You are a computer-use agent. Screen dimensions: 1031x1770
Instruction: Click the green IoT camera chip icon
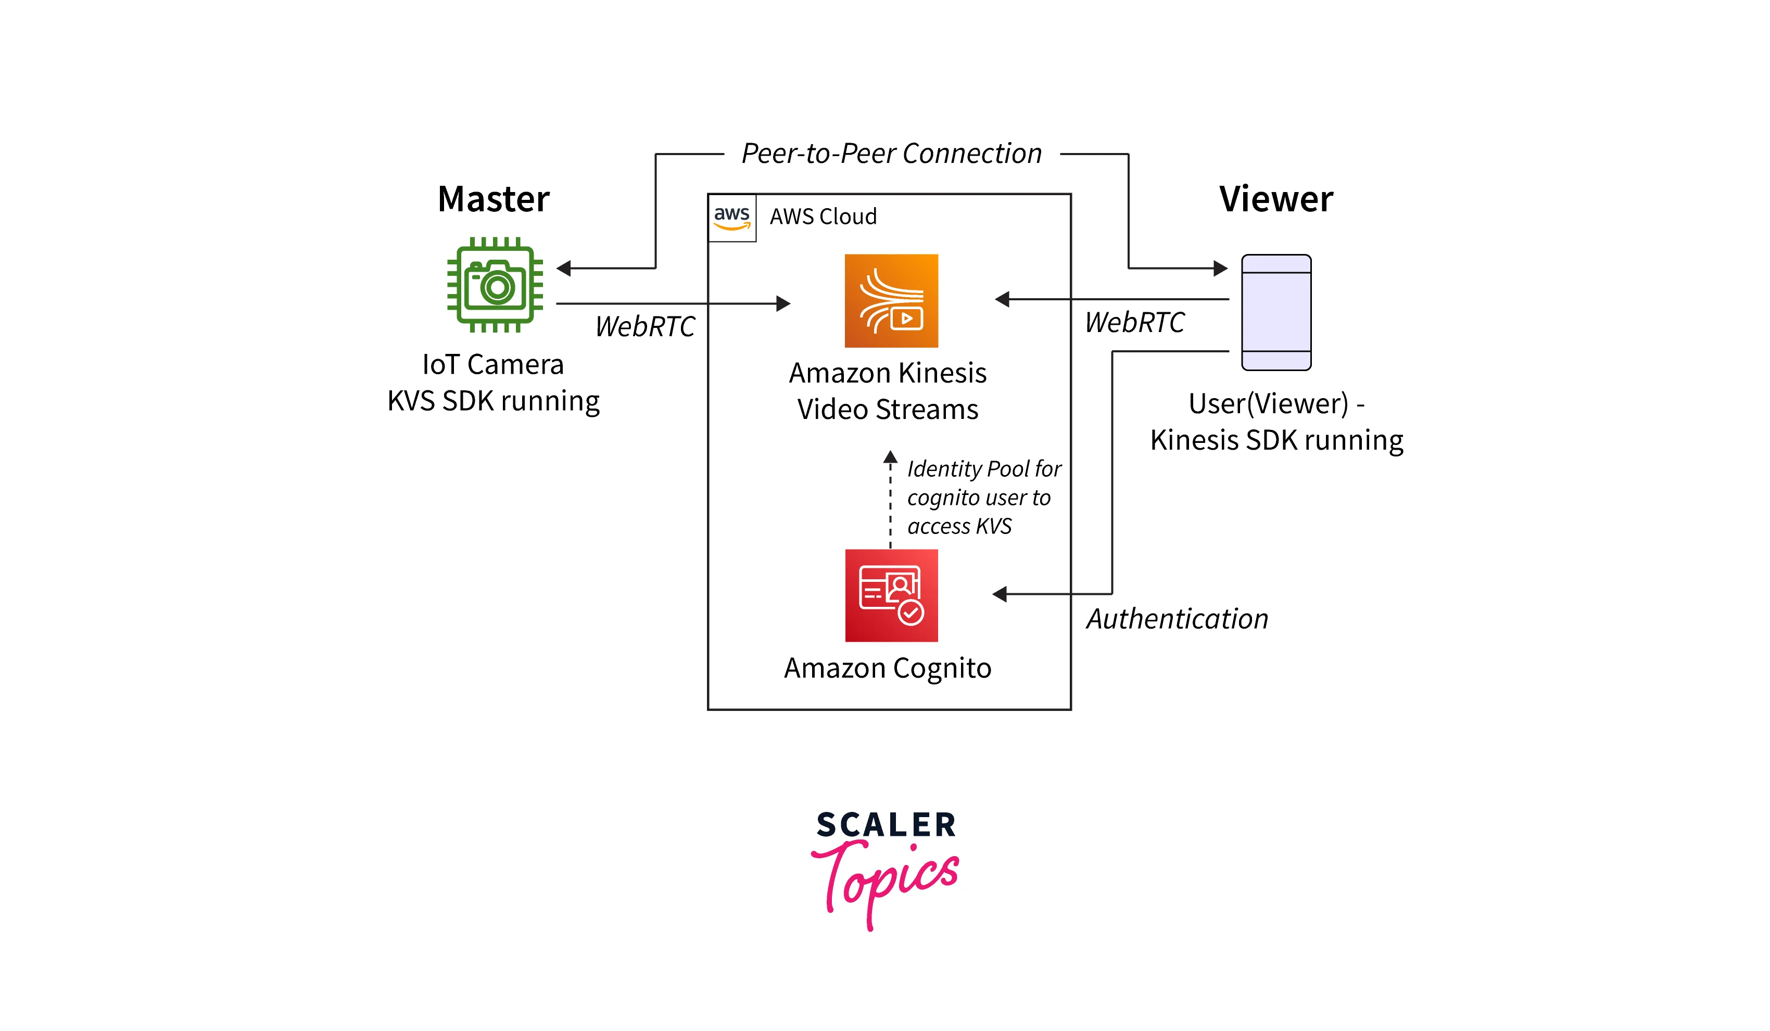click(x=495, y=285)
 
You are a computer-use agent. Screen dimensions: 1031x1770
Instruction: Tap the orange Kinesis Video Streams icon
click(x=891, y=301)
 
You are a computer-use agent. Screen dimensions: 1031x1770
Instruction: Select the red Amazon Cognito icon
click(x=891, y=595)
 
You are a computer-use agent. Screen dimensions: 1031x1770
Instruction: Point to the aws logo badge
click(x=732, y=218)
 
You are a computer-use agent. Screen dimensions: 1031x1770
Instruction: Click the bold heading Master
click(x=493, y=199)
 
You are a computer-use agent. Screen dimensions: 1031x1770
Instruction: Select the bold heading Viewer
click(x=1275, y=199)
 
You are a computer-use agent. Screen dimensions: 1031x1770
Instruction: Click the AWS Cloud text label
click(x=823, y=217)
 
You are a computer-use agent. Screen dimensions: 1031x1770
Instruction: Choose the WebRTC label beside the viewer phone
click(x=1134, y=322)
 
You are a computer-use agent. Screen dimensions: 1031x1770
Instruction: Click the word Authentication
click(x=1177, y=619)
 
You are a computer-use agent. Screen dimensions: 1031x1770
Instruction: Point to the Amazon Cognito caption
click(x=887, y=668)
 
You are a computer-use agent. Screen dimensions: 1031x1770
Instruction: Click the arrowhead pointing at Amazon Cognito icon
click(x=1000, y=594)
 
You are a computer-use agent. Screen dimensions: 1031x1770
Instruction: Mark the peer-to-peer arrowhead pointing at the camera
click(x=563, y=268)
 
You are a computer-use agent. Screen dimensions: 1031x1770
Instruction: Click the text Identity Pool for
click(x=983, y=468)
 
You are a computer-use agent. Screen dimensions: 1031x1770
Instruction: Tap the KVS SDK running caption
click(x=493, y=401)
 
